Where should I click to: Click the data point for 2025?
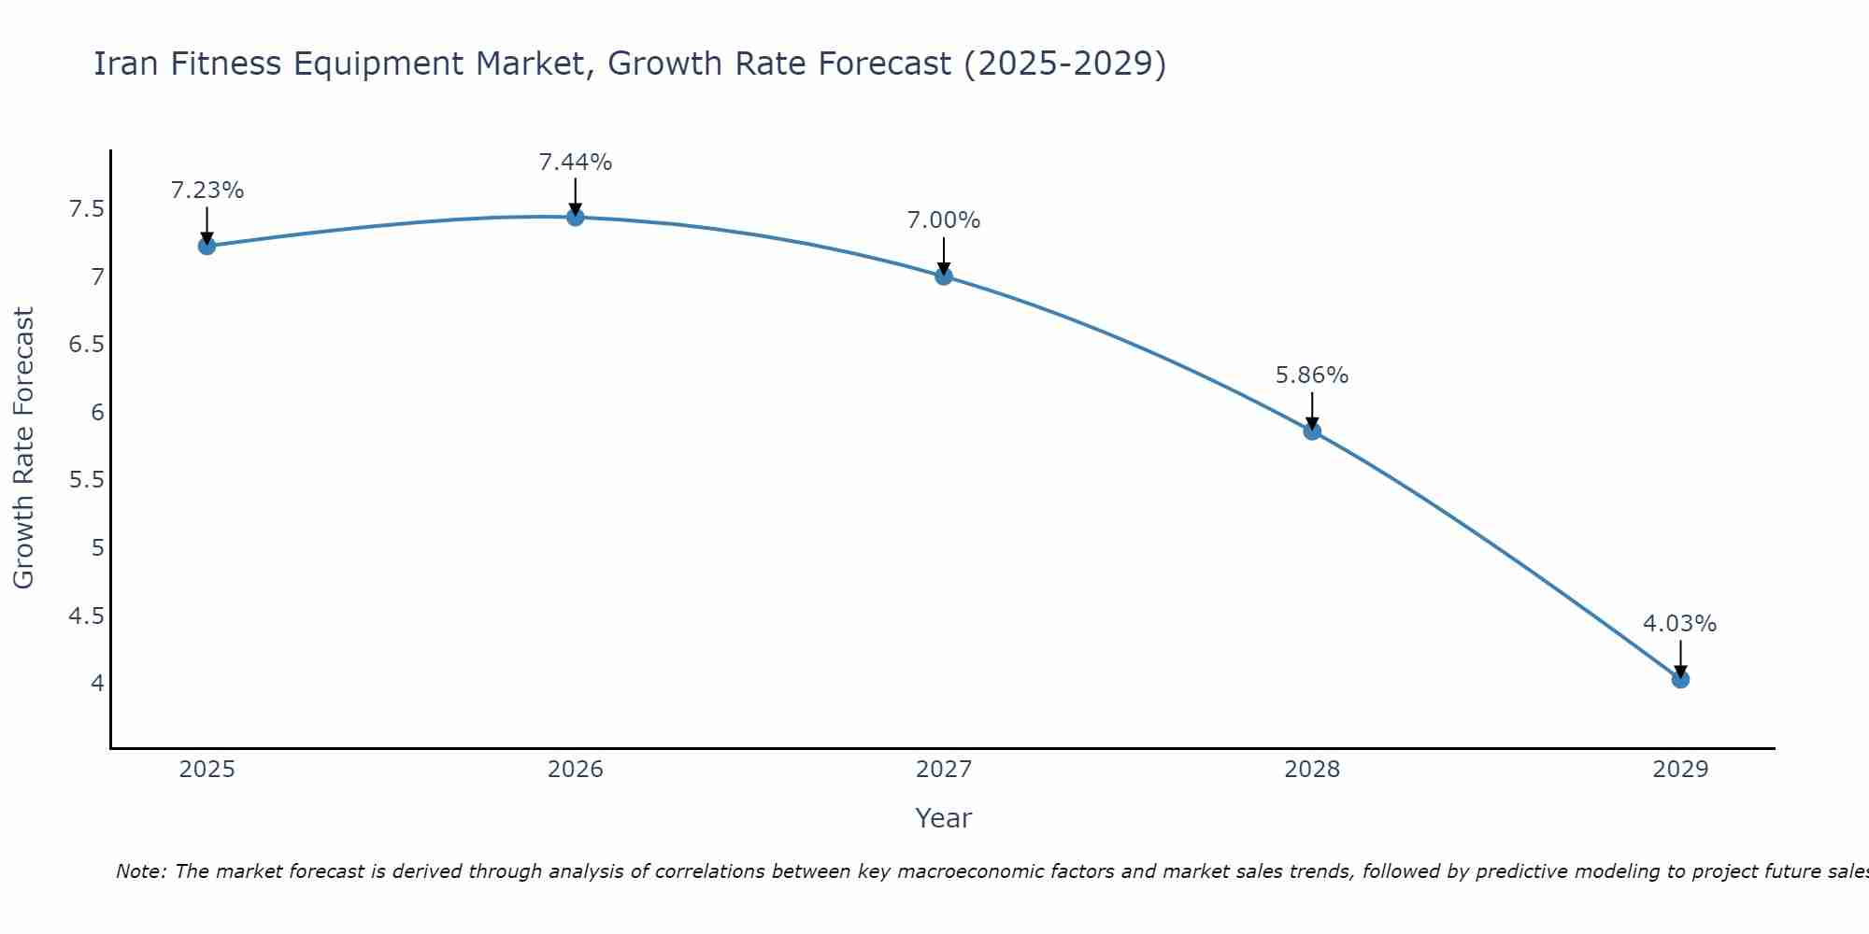(x=207, y=246)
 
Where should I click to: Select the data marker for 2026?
(x=576, y=217)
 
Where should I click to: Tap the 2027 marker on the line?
(x=944, y=276)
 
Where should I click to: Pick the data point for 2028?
(x=1312, y=431)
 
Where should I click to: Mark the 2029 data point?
(x=1680, y=679)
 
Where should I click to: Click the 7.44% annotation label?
(x=576, y=163)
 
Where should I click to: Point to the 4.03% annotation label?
(x=1680, y=624)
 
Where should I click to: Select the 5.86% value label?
(x=1312, y=375)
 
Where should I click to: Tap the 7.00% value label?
(x=944, y=220)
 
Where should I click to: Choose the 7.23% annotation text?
(x=207, y=191)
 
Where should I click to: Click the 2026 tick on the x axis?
(x=576, y=770)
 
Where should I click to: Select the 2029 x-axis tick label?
(x=1680, y=770)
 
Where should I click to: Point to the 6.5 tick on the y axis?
(x=86, y=345)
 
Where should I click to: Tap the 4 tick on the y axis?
(x=97, y=684)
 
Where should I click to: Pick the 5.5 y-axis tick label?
(x=86, y=480)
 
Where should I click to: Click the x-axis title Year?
(x=944, y=818)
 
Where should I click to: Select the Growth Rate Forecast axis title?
(x=24, y=448)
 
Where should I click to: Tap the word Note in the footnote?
(x=140, y=871)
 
